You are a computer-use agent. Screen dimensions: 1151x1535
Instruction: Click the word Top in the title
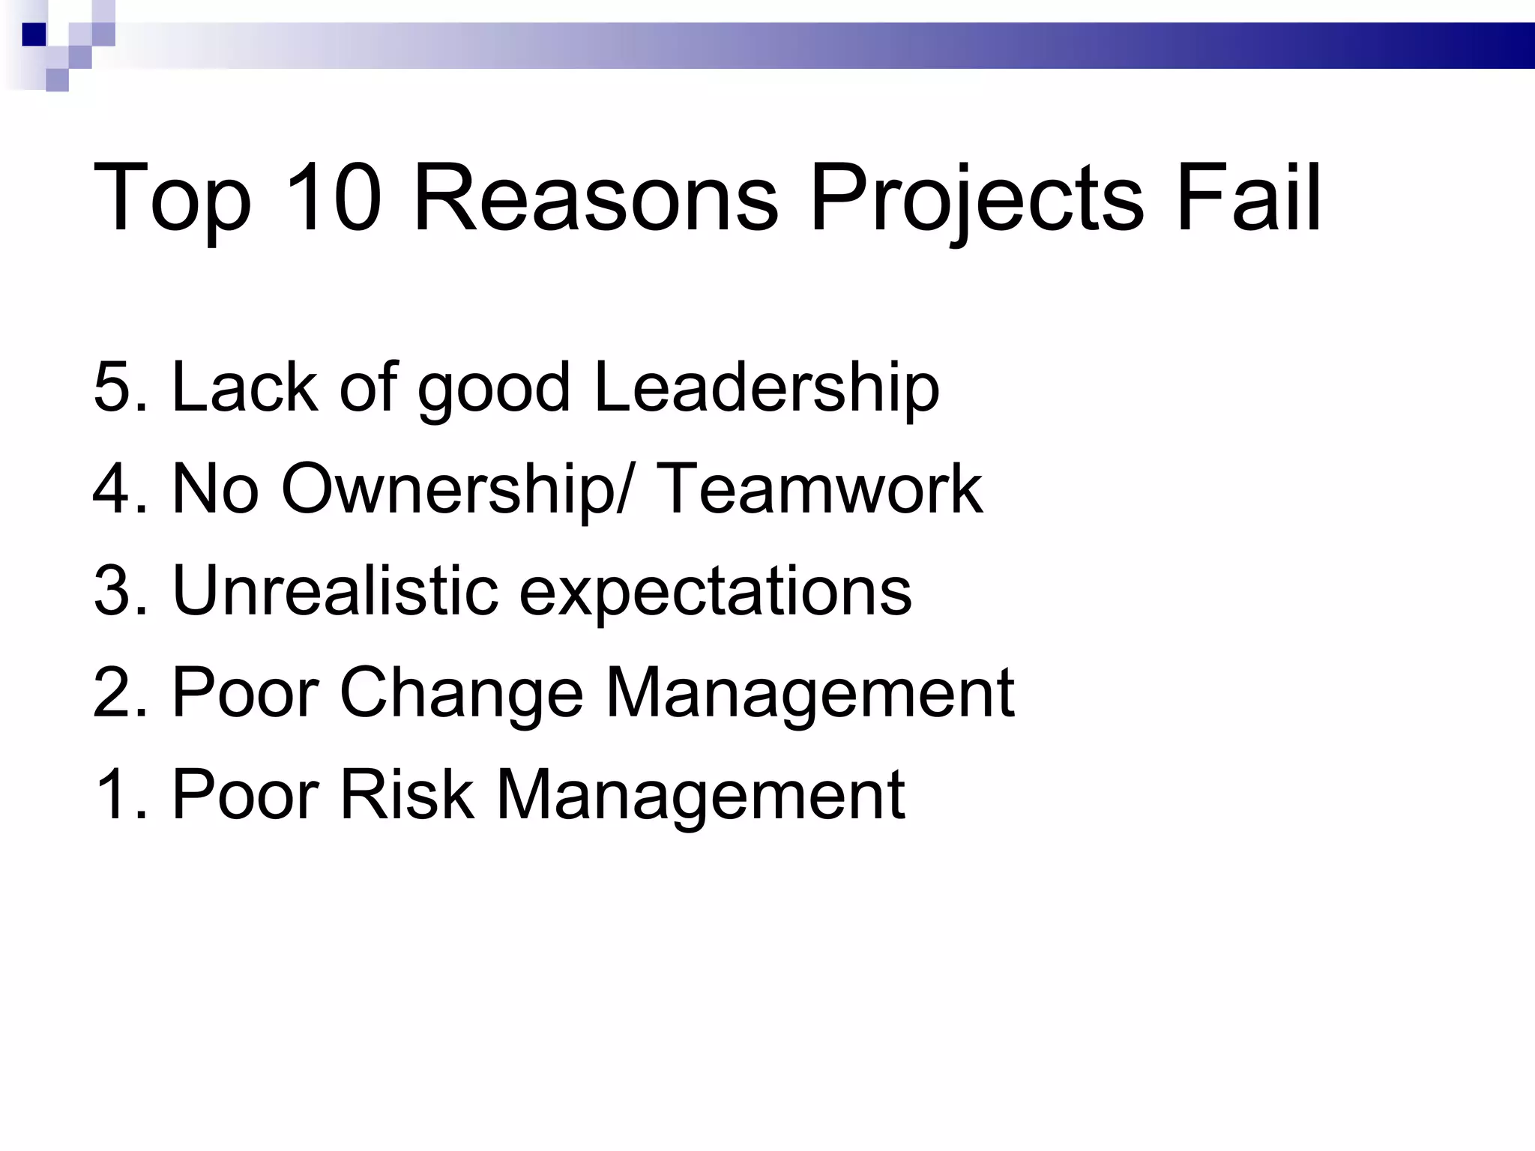[172, 199]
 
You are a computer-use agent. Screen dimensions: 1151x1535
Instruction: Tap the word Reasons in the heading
[595, 199]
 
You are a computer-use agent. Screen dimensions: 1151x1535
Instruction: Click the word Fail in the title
[1247, 199]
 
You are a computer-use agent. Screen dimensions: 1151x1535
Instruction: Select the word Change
[461, 692]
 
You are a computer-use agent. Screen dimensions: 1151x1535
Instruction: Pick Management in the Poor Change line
[809, 692]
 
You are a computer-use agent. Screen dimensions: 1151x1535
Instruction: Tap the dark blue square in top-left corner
[34, 34]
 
